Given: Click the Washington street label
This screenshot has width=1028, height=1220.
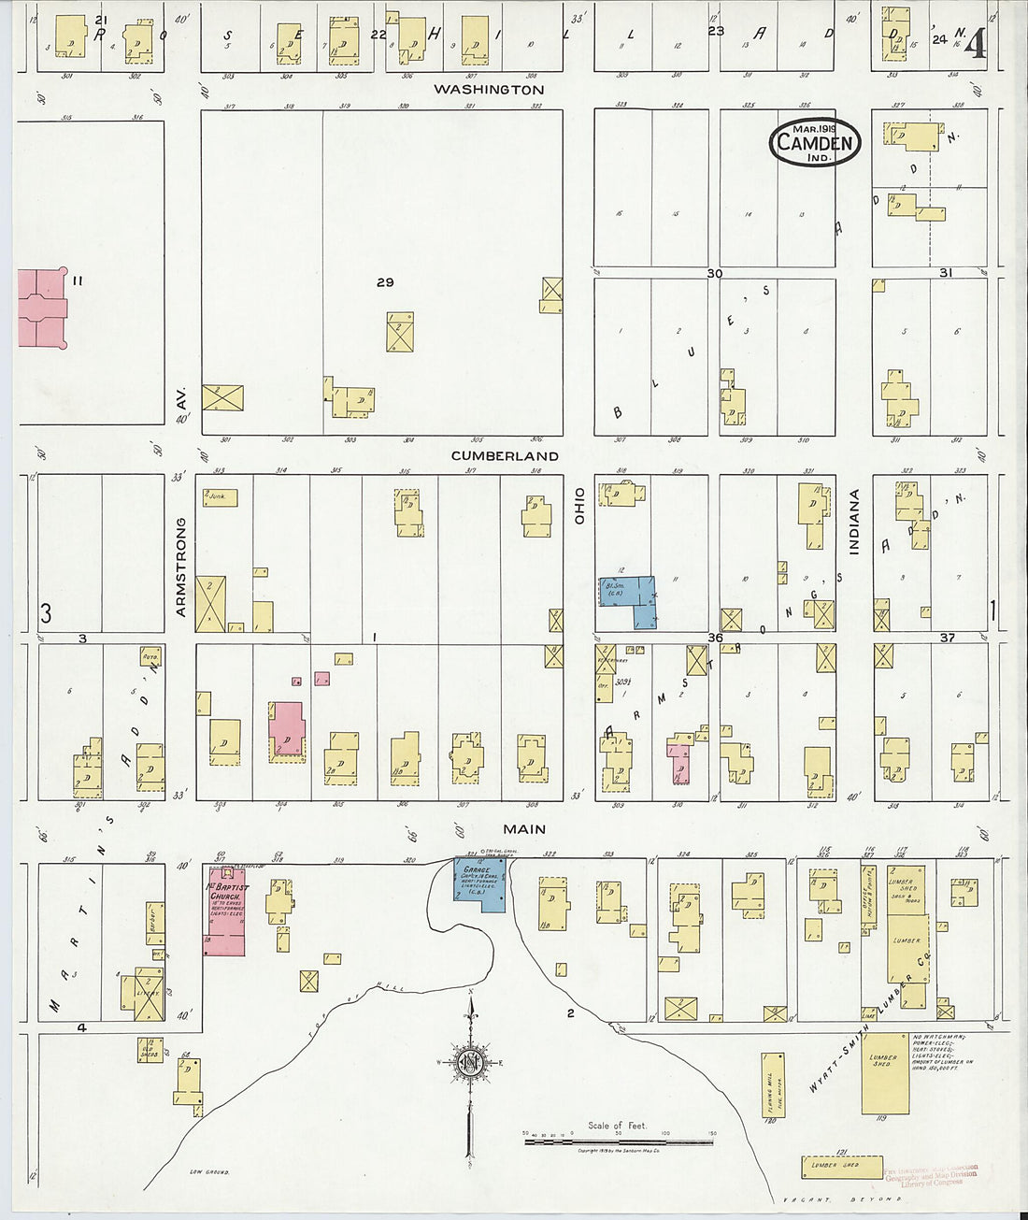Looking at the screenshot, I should click(488, 90).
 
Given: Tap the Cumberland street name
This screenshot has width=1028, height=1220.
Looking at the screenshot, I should click(505, 456).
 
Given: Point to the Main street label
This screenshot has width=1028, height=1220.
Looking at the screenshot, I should click(524, 829).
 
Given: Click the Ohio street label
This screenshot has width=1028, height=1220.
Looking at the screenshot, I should click(579, 505).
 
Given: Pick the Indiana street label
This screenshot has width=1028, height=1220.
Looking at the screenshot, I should click(854, 523).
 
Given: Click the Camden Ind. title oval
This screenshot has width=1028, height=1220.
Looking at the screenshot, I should click(815, 142).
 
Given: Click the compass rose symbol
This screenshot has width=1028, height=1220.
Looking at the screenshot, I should click(470, 1061).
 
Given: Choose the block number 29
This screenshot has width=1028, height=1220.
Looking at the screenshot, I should click(385, 282).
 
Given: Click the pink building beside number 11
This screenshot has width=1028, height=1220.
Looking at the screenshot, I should click(41, 308).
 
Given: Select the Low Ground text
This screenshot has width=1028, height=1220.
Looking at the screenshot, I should click(209, 1171).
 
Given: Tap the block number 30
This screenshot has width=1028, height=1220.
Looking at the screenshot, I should click(715, 273).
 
